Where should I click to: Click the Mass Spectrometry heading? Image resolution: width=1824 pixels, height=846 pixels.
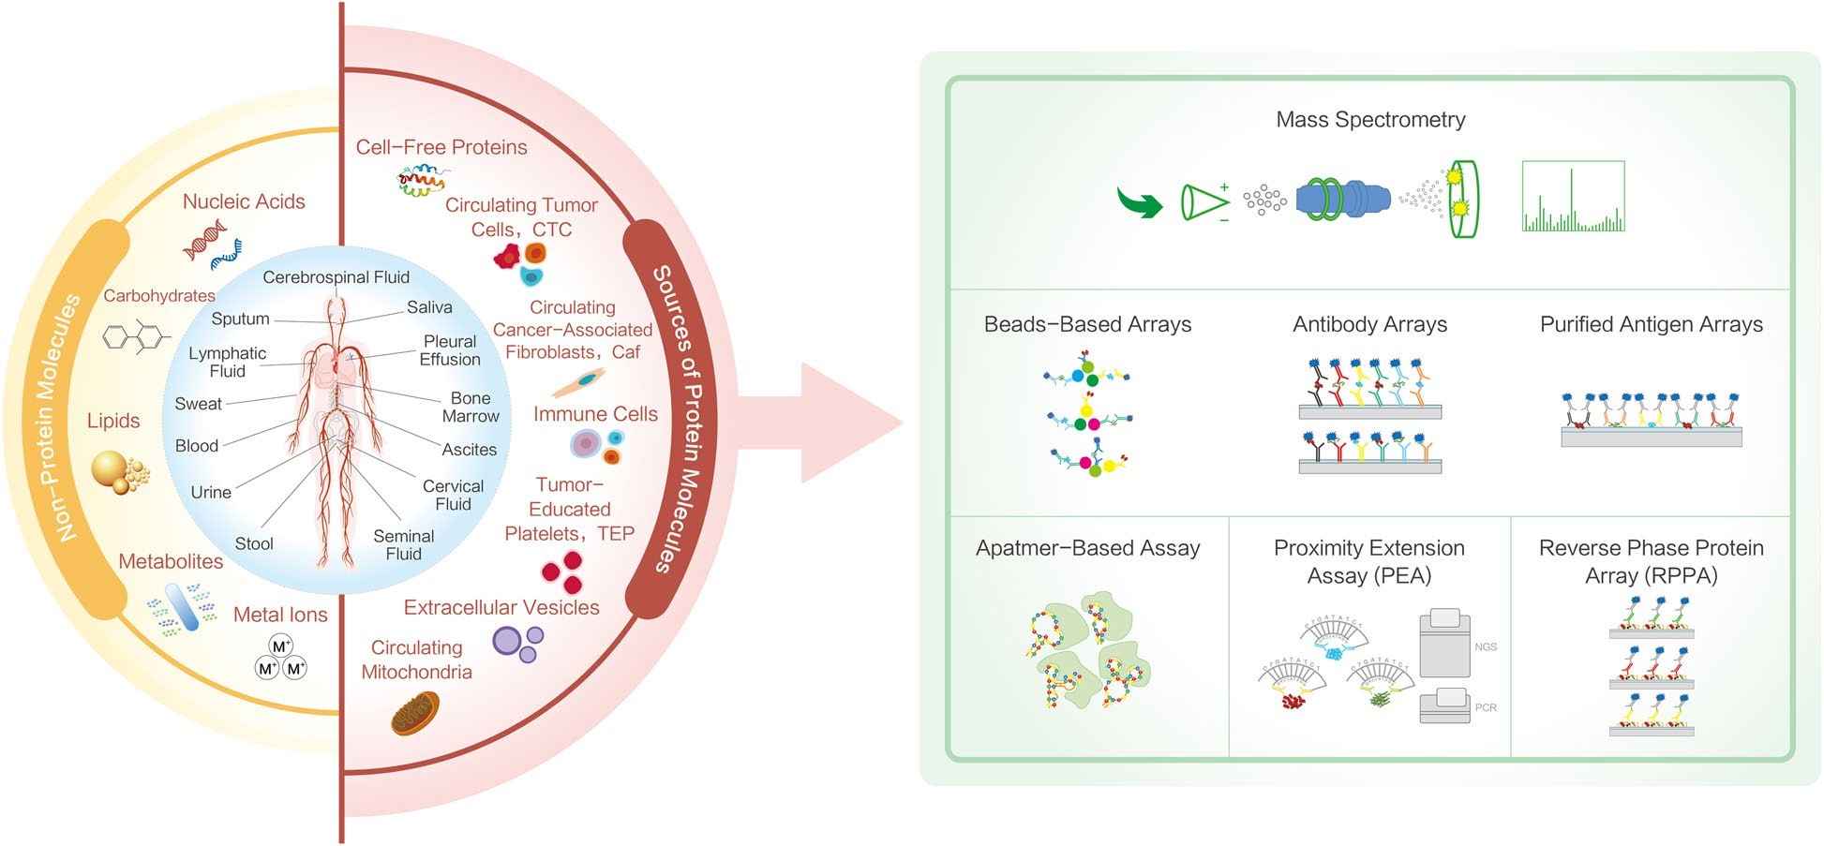pos(1369,120)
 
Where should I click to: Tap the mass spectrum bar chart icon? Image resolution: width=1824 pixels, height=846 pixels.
pos(1573,198)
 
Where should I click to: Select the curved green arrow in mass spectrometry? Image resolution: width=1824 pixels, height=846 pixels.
pos(1138,201)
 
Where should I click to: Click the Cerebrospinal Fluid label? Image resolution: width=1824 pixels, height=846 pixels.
pos(336,277)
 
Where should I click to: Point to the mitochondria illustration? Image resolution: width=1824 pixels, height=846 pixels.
pos(414,713)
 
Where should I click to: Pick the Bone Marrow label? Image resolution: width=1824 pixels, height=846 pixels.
pos(471,407)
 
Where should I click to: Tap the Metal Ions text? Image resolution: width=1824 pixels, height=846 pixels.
pos(280,615)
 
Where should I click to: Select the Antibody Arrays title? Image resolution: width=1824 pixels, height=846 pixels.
pos(1369,325)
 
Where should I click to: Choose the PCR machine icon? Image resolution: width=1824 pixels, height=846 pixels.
pos(1444,705)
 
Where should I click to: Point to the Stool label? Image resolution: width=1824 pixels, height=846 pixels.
pos(254,543)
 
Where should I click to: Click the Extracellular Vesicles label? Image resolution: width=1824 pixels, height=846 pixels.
pos(501,607)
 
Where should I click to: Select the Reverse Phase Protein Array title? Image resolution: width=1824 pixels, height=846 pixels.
pos(1651,561)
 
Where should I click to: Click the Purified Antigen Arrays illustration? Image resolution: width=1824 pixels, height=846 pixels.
pos(1651,420)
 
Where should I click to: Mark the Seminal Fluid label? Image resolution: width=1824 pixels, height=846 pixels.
pos(404,544)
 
